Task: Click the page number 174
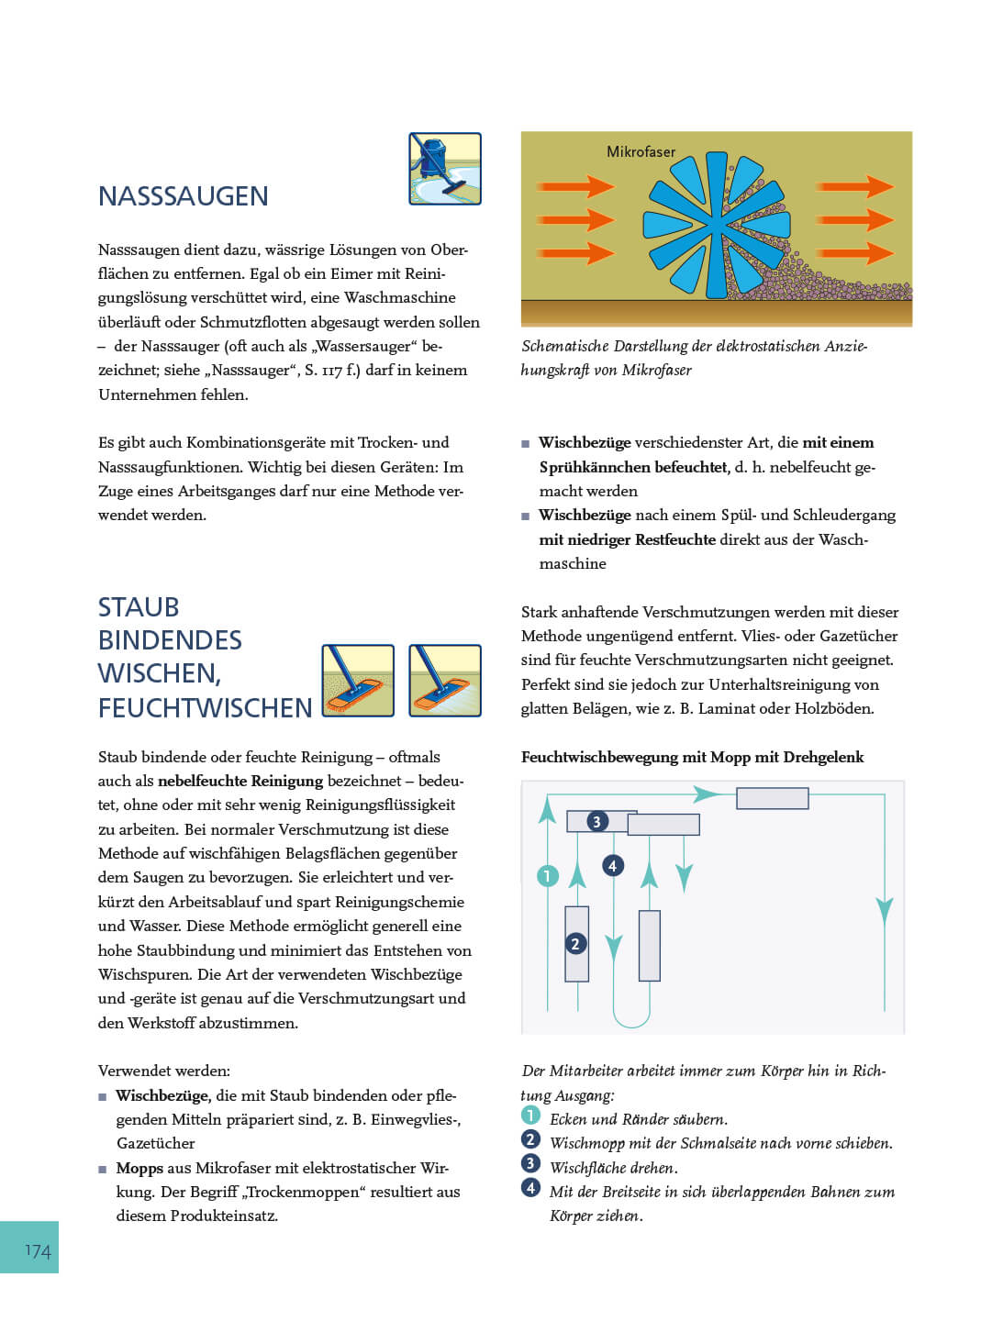38,1250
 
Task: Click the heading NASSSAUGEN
183,196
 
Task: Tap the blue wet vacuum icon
445,169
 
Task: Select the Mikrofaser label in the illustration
641,151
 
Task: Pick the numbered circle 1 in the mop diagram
547,875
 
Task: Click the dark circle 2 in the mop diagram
575,943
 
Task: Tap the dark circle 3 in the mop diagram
596,821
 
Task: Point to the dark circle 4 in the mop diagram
612,865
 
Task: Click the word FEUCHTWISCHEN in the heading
205,708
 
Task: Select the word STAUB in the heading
139,607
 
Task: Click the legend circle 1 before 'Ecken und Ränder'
530,1116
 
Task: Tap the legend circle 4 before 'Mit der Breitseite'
530,1188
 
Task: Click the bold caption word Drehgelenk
822,757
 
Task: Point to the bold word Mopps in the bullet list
139,1168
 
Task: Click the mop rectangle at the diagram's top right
772,798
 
